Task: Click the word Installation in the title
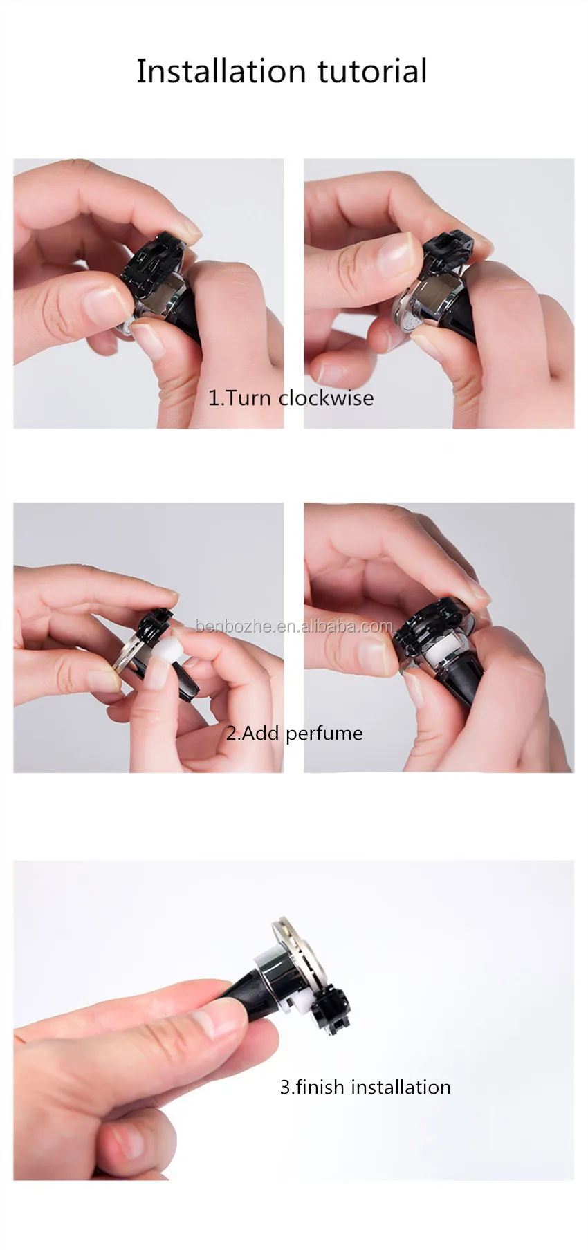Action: [221, 71]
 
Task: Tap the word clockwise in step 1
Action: [326, 398]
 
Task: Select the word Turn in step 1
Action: [248, 398]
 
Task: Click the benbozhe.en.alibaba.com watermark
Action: [294, 626]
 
